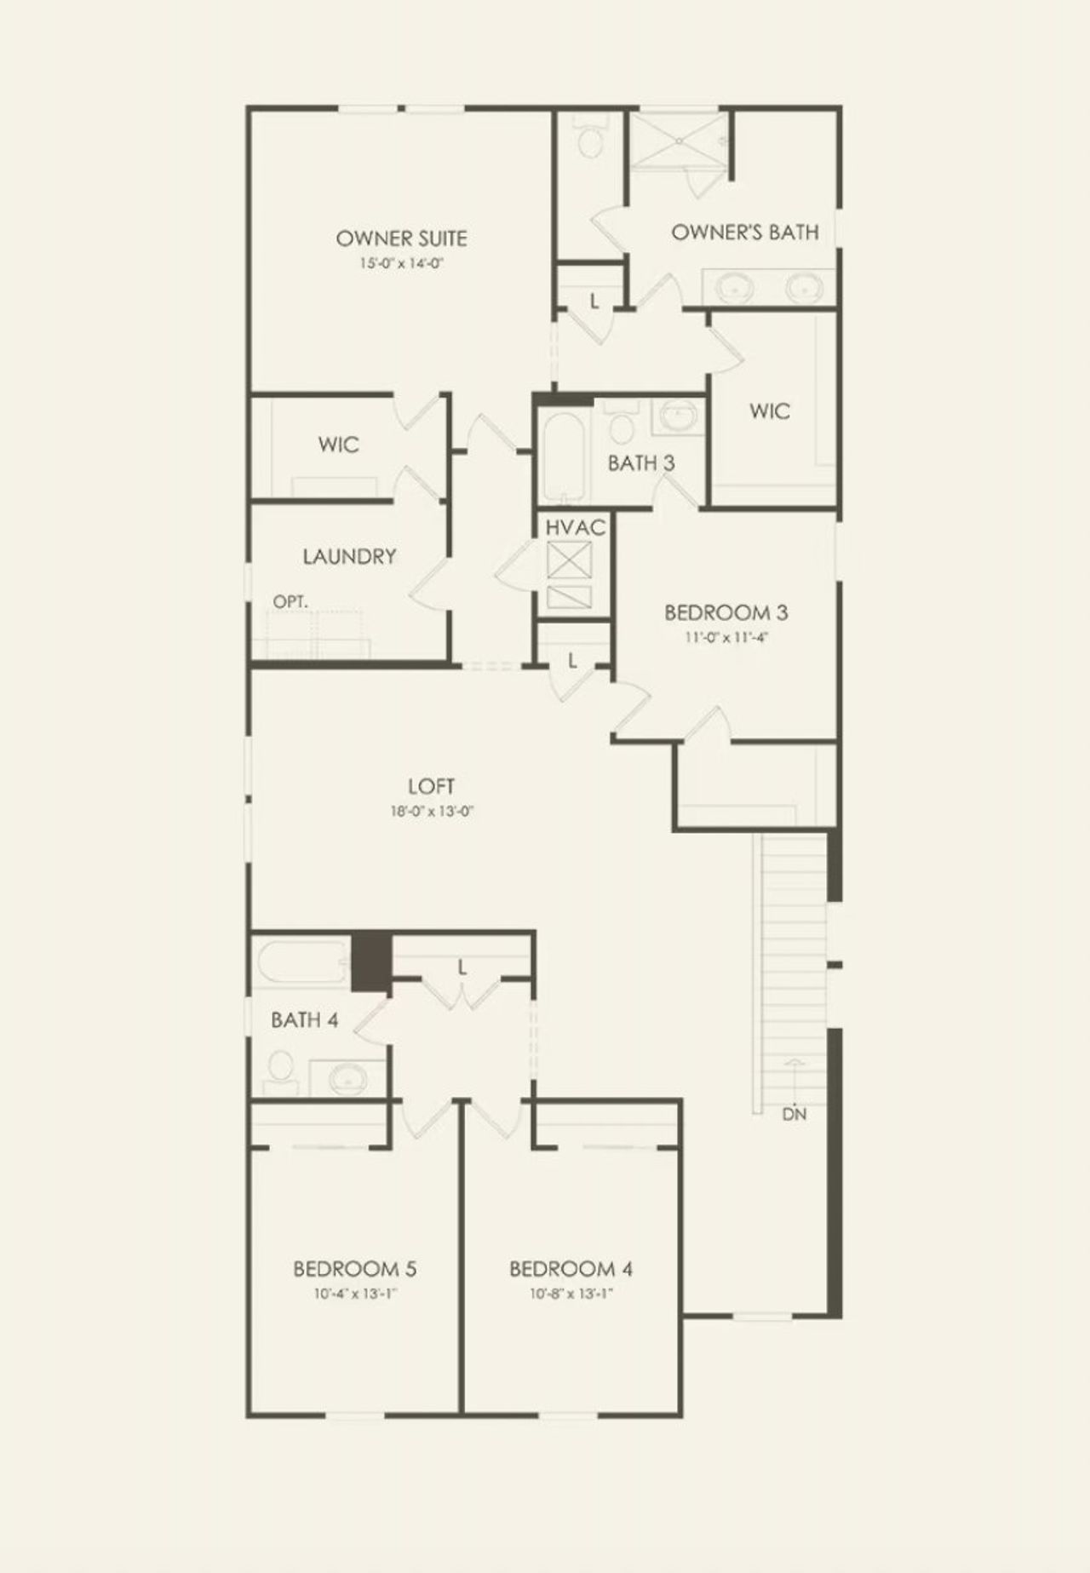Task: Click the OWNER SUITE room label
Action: point(401,238)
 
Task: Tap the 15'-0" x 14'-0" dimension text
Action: point(402,264)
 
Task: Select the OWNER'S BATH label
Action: point(745,233)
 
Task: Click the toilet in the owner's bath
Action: point(590,140)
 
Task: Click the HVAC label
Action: point(576,528)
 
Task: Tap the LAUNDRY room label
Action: point(349,557)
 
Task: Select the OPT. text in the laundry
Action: point(290,602)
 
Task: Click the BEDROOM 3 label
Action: point(726,612)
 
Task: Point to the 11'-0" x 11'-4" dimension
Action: point(726,637)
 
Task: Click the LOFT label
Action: point(432,787)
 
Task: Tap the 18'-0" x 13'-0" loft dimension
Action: point(432,812)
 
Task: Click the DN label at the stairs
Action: point(794,1114)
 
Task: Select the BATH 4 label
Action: point(305,1019)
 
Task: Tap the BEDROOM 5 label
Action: point(354,1269)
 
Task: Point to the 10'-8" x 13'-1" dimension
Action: point(571,1294)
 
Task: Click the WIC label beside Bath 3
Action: point(769,411)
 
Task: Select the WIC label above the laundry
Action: point(338,445)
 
